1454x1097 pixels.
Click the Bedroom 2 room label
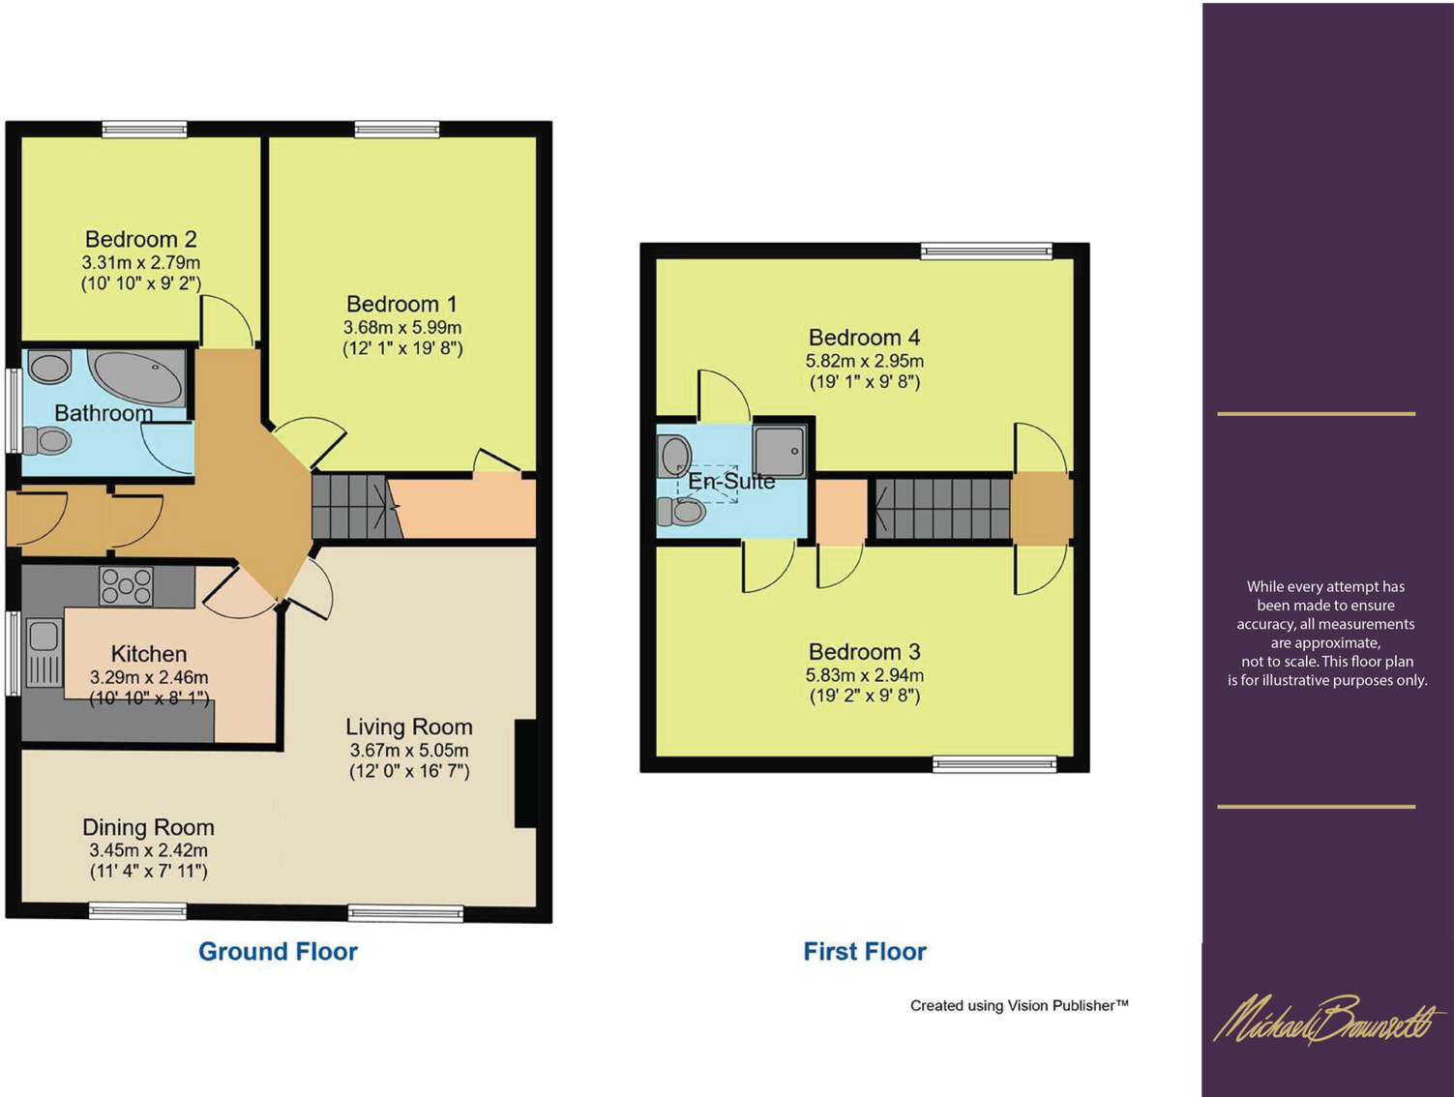click(141, 239)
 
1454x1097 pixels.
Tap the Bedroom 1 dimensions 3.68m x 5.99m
click(402, 327)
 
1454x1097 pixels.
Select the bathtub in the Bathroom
click(136, 377)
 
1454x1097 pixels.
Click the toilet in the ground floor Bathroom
click(46, 440)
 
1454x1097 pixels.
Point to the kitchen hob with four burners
click(126, 586)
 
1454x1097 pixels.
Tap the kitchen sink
click(44, 653)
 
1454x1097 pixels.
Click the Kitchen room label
click(148, 654)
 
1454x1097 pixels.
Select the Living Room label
click(408, 726)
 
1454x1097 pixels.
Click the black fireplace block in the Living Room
click(526, 773)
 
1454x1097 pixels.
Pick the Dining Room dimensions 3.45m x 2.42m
click(148, 850)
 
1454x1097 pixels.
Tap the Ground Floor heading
click(279, 951)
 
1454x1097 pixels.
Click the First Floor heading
click(865, 951)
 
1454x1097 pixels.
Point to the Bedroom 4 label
click(865, 338)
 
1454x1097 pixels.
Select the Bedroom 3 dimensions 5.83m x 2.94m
click(865, 675)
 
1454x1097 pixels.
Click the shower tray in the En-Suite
click(780, 451)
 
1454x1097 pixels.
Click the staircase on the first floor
click(942, 509)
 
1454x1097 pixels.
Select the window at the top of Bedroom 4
click(987, 251)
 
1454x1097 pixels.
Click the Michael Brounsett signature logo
click(1329, 1021)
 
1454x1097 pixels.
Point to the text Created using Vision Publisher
click(1019, 1006)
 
